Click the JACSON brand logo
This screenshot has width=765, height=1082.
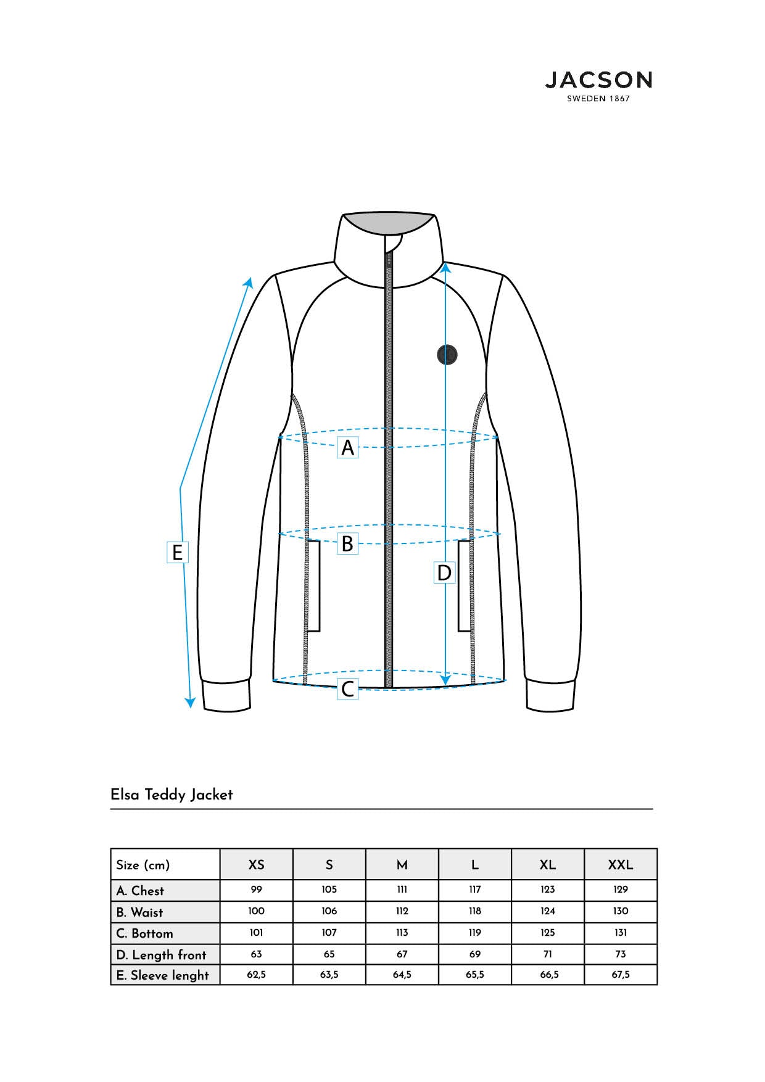click(x=598, y=86)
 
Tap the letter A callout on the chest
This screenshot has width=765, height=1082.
click(x=348, y=447)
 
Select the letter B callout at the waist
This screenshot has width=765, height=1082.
click(x=348, y=543)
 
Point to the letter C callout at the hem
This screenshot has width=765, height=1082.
click(x=348, y=688)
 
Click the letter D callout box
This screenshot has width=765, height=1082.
click(x=444, y=572)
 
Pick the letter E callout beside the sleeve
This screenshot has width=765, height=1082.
click(x=178, y=552)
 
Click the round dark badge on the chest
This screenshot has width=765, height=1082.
click(x=447, y=355)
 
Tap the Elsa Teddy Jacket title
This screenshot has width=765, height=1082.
click(x=172, y=795)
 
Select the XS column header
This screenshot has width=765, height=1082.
click(x=257, y=865)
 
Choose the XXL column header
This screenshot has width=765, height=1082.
click(x=621, y=865)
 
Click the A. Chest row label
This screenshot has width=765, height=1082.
click(x=140, y=891)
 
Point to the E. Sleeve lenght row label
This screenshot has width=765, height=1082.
click(x=163, y=975)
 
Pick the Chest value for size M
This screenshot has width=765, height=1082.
click(x=402, y=890)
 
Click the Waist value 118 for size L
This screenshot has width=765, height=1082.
click(x=475, y=911)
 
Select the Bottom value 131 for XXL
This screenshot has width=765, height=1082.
click(x=621, y=933)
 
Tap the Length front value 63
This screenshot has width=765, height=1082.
click(x=257, y=954)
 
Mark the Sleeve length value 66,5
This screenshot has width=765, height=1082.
click(x=548, y=975)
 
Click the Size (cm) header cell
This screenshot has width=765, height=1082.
click(x=143, y=865)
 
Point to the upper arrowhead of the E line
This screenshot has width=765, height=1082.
click(x=249, y=281)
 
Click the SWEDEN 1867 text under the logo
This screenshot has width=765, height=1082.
click(x=598, y=99)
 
